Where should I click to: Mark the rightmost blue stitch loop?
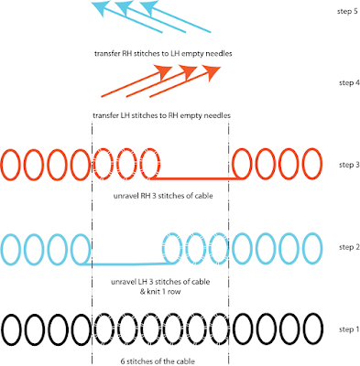click(311, 248)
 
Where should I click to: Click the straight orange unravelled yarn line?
click(197, 179)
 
